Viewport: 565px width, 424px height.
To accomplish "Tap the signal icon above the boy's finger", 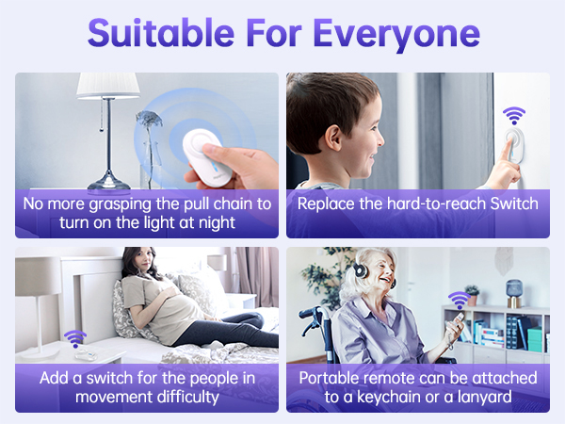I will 513,116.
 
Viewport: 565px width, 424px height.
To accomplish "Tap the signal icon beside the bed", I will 75,337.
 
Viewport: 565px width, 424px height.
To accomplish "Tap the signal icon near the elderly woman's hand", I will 459,301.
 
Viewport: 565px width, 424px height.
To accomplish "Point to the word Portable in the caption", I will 334,377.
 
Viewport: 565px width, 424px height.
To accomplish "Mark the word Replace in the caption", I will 330,203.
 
